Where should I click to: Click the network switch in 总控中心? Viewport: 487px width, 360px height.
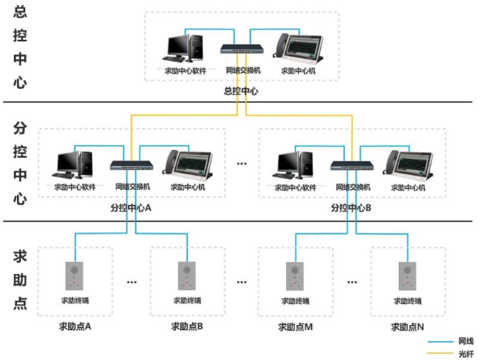(242, 49)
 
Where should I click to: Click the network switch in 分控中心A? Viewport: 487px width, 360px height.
(131, 165)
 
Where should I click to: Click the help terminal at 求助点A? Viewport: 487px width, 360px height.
(75, 276)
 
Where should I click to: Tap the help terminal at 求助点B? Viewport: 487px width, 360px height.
(186, 276)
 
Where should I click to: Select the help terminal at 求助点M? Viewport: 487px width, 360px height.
(296, 276)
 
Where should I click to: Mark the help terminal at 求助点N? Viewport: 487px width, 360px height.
(407, 276)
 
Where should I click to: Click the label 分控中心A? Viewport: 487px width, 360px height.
(131, 208)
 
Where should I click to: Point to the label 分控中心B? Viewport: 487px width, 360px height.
(351, 208)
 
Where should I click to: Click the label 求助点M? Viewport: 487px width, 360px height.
(296, 327)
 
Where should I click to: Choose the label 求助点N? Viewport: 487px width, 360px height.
(407, 327)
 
